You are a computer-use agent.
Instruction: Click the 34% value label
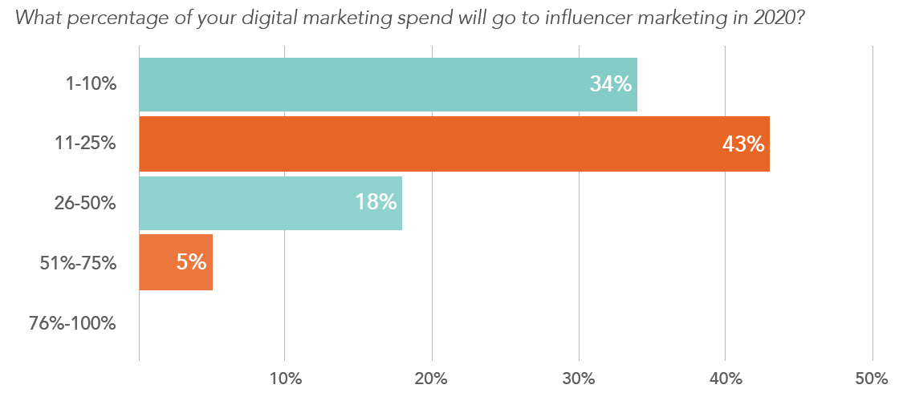tap(611, 83)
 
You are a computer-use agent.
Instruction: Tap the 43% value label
tap(742, 144)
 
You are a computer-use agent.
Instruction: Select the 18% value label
tap(376, 202)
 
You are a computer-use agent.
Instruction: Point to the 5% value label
tap(192, 261)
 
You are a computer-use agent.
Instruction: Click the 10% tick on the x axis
tap(285, 379)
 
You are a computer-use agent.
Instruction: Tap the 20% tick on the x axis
tap(432, 379)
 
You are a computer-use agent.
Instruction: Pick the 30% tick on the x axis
tap(579, 379)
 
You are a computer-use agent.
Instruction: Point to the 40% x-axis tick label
tap(726, 379)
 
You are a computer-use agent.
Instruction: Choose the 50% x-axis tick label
tap(872, 379)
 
